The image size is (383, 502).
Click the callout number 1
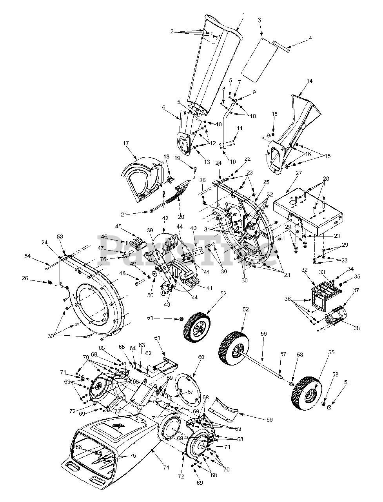click(243, 15)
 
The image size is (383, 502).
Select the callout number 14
click(310, 81)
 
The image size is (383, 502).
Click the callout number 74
click(166, 467)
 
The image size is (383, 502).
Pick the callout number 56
click(264, 333)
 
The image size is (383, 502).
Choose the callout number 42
click(165, 218)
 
